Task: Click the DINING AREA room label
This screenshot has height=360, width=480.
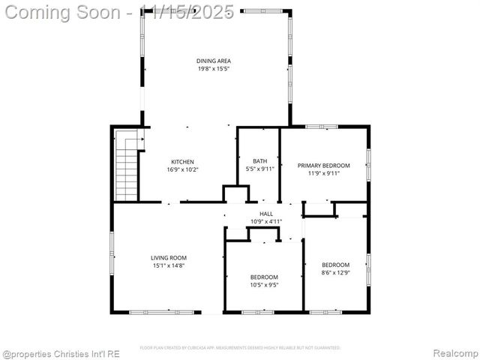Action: [x=214, y=61]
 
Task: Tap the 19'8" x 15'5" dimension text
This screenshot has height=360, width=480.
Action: [x=214, y=69]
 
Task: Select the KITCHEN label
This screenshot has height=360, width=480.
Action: [x=183, y=162]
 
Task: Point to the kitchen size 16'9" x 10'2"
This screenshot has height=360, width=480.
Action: [x=183, y=170]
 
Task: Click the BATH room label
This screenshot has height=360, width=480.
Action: [x=259, y=161]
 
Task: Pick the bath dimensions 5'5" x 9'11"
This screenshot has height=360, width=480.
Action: [x=260, y=169]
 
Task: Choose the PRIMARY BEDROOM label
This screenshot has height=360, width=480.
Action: [x=324, y=165]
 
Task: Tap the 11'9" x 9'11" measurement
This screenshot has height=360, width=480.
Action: [x=324, y=173]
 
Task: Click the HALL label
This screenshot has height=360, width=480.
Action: [x=265, y=214]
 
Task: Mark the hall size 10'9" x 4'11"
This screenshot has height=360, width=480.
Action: [x=265, y=221]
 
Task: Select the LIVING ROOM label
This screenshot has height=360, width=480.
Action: [x=169, y=257]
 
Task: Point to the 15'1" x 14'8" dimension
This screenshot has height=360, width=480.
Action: [x=169, y=265]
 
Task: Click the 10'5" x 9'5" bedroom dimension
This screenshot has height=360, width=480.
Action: [x=264, y=285]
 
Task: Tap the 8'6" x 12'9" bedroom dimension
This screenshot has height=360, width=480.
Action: [x=335, y=273]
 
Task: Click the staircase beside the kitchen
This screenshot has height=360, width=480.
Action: [x=127, y=166]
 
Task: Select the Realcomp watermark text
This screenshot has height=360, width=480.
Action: [x=455, y=353]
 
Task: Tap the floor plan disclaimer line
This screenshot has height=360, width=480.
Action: [x=240, y=348]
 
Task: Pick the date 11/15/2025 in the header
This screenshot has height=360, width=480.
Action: [x=187, y=13]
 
